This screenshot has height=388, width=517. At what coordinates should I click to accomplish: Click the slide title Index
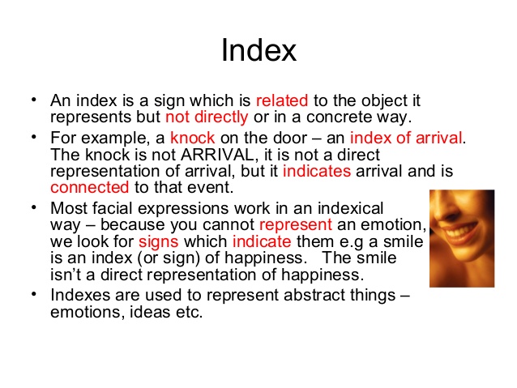tap(258, 50)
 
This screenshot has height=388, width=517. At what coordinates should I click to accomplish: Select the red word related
tap(281, 101)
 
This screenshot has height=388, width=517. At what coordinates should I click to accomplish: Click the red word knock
tap(192, 139)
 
